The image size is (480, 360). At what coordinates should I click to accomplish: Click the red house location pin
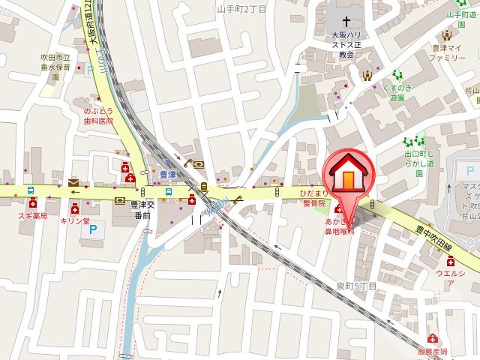(x=348, y=175)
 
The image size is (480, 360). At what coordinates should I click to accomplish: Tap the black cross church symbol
(x=346, y=23)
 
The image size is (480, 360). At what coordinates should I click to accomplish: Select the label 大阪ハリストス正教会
(x=346, y=44)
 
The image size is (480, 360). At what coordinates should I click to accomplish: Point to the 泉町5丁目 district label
(x=356, y=286)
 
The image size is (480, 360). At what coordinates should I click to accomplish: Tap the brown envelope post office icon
(x=73, y=182)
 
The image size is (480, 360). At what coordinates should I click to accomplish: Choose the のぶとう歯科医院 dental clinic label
(x=98, y=115)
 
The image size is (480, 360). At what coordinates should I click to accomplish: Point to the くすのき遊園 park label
(x=395, y=92)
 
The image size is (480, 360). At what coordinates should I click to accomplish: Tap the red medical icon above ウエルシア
(x=450, y=262)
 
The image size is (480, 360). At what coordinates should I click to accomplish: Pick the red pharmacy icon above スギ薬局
(x=33, y=202)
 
